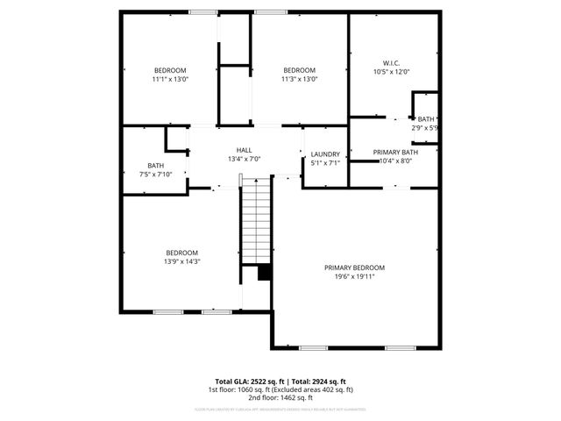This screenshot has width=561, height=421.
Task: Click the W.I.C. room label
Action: pyautogui.click(x=391, y=63)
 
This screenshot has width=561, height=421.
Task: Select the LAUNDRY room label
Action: pyautogui.click(x=324, y=154)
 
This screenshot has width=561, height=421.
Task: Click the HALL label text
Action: pyautogui.click(x=244, y=150)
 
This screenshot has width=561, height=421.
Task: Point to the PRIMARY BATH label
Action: pyautogui.click(x=395, y=153)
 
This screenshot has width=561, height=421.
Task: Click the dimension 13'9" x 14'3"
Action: pyautogui.click(x=182, y=261)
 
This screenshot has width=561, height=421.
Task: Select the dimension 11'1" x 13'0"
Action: pyautogui.click(x=170, y=79)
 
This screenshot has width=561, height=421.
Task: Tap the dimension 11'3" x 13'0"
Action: pyautogui.click(x=299, y=79)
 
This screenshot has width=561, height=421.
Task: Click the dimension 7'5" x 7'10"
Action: pyautogui.click(x=155, y=175)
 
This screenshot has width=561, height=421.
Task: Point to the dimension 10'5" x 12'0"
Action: pyautogui.click(x=391, y=72)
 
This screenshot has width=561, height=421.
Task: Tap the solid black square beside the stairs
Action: pyautogui.click(x=263, y=273)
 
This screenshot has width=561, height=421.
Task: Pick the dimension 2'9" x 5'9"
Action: pyautogui.click(x=425, y=128)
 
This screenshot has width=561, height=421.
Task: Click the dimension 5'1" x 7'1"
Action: pyautogui.click(x=324, y=163)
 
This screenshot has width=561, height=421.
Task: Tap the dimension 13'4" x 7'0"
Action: pyautogui.click(x=244, y=159)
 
